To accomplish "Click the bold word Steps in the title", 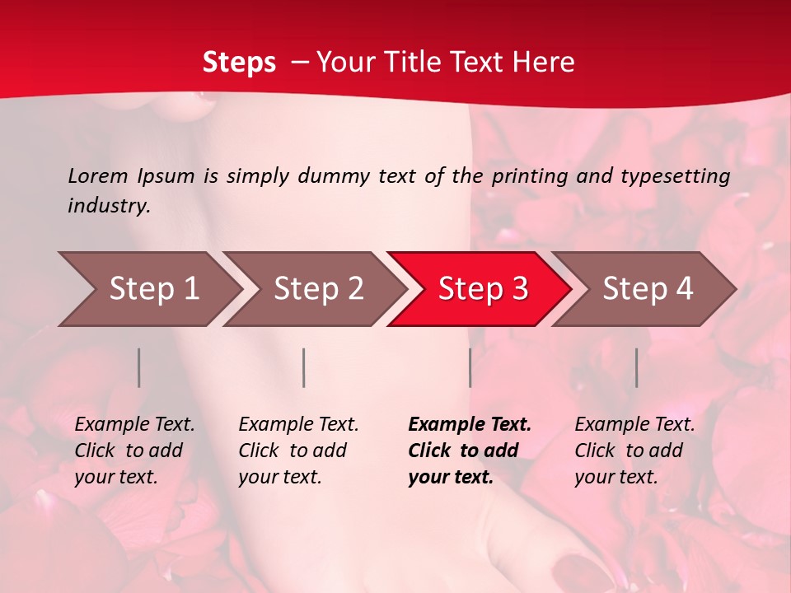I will pyautogui.click(x=239, y=63).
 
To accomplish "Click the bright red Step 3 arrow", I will pyautogui.click(x=482, y=289).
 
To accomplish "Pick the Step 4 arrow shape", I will pyautogui.click(x=647, y=289).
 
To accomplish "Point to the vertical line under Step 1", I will pyautogui.click(x=139, y=367).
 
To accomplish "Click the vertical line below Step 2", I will pyautogui.click(x=304, y=367).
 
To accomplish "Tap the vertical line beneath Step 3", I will pyautogui.click(x=470, y=367).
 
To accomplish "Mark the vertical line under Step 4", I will pyautogui.click(x=637, y=367).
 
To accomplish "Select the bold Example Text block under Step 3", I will pyautogui.click(x=470, y=451).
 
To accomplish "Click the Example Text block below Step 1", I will pyautogui.click(x=134, y=451).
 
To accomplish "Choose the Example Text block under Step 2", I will pyautogui.click(x=298, y=451).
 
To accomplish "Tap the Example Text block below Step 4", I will pyautogui.click(x=634, y=451).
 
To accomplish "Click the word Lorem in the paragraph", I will pyautogui.click(x=97, y=176).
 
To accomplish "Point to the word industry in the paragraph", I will pyautogui.click(x=109, y=206).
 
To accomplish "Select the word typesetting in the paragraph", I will pyautogui.click(x=675, y=176).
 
